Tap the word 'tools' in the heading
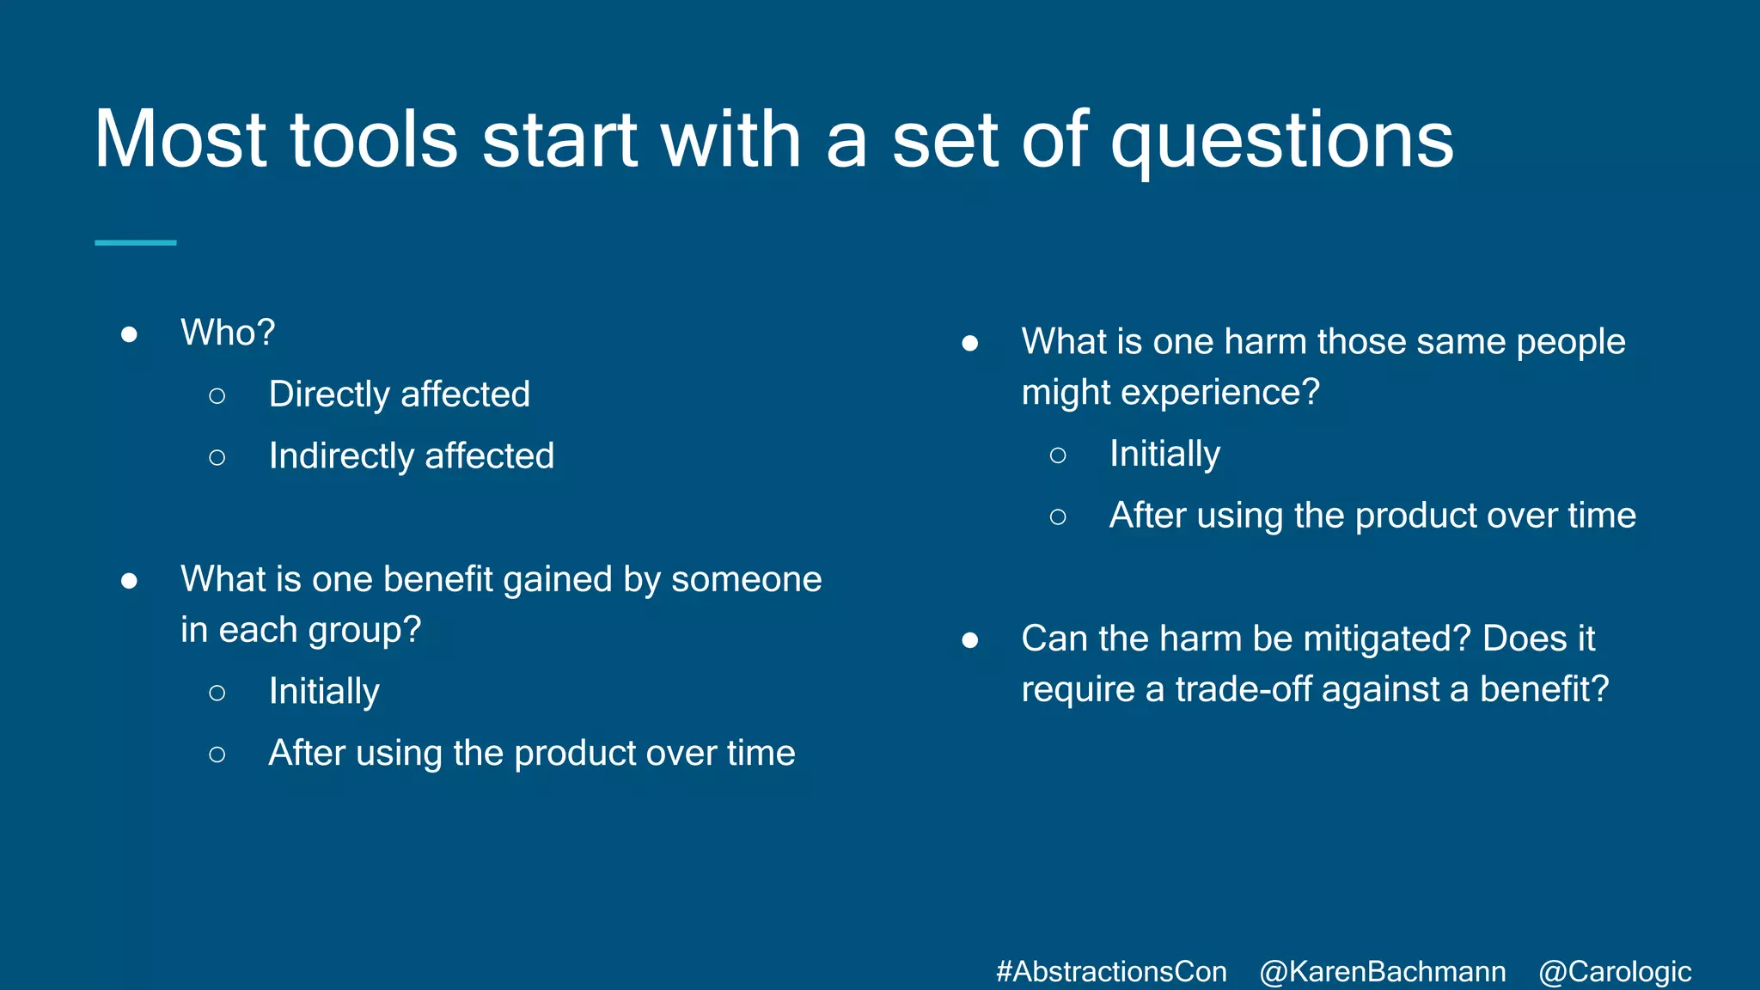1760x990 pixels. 374,139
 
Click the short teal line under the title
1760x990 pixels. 135,243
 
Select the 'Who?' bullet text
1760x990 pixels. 228,333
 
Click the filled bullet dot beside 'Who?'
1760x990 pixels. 129,334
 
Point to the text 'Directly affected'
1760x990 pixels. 399,394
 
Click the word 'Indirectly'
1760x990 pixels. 341,456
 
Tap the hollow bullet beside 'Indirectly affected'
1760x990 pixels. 217,458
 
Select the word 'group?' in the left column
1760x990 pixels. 364,631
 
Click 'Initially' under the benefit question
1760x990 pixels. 324,692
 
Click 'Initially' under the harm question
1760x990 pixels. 1164,454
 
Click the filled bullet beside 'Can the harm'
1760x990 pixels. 969,640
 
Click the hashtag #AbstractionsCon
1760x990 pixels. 1110,971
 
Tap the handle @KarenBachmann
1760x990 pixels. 1382,971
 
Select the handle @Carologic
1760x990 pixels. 1614,971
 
